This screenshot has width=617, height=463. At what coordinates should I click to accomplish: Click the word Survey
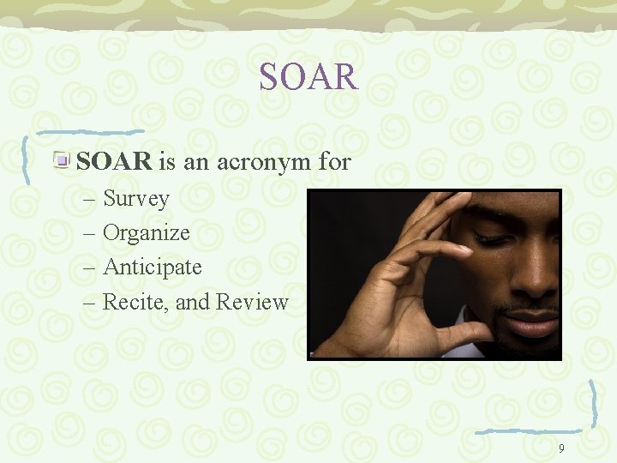136,199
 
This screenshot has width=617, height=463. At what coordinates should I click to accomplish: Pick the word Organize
147,233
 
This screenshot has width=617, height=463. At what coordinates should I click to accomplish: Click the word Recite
130,302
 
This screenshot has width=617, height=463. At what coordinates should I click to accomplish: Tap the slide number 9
561,448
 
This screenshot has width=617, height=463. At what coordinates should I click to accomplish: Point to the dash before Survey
91,199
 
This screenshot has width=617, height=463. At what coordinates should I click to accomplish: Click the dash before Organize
91,233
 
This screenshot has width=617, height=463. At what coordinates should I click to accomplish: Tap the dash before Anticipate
91,268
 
